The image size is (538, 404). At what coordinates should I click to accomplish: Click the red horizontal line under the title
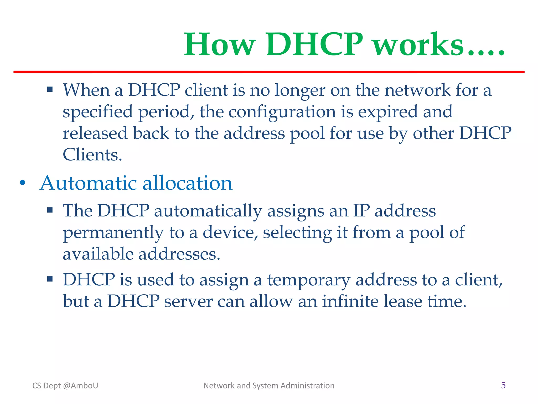pyautogui.click(x=269, y=72)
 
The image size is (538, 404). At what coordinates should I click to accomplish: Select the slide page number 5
pyautogui.click(x=503, y=385)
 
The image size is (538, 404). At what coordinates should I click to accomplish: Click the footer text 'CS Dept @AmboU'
pyautogui.click(x=65, y=386)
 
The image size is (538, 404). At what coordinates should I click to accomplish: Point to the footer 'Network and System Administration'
pyautogui.click(x=269, y=386)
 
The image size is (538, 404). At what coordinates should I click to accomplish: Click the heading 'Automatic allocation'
pyautogui.click(x=136, y=183)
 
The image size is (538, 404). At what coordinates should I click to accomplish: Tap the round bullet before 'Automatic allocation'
pyautogui.click(x=23, y=183)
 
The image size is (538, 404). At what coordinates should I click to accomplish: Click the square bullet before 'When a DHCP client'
pyautogui.click(x=50, y=90)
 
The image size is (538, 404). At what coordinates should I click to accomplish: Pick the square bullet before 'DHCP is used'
pyautogui.click(x=50, y=279)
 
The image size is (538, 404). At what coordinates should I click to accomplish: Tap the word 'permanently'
pyautogui.click(x=113, y=233)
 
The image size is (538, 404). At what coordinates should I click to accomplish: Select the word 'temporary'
pyautogui.click(x=308, y=280)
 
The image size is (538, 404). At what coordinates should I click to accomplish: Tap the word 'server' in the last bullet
pyautogui.click(x=188, y=301)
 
